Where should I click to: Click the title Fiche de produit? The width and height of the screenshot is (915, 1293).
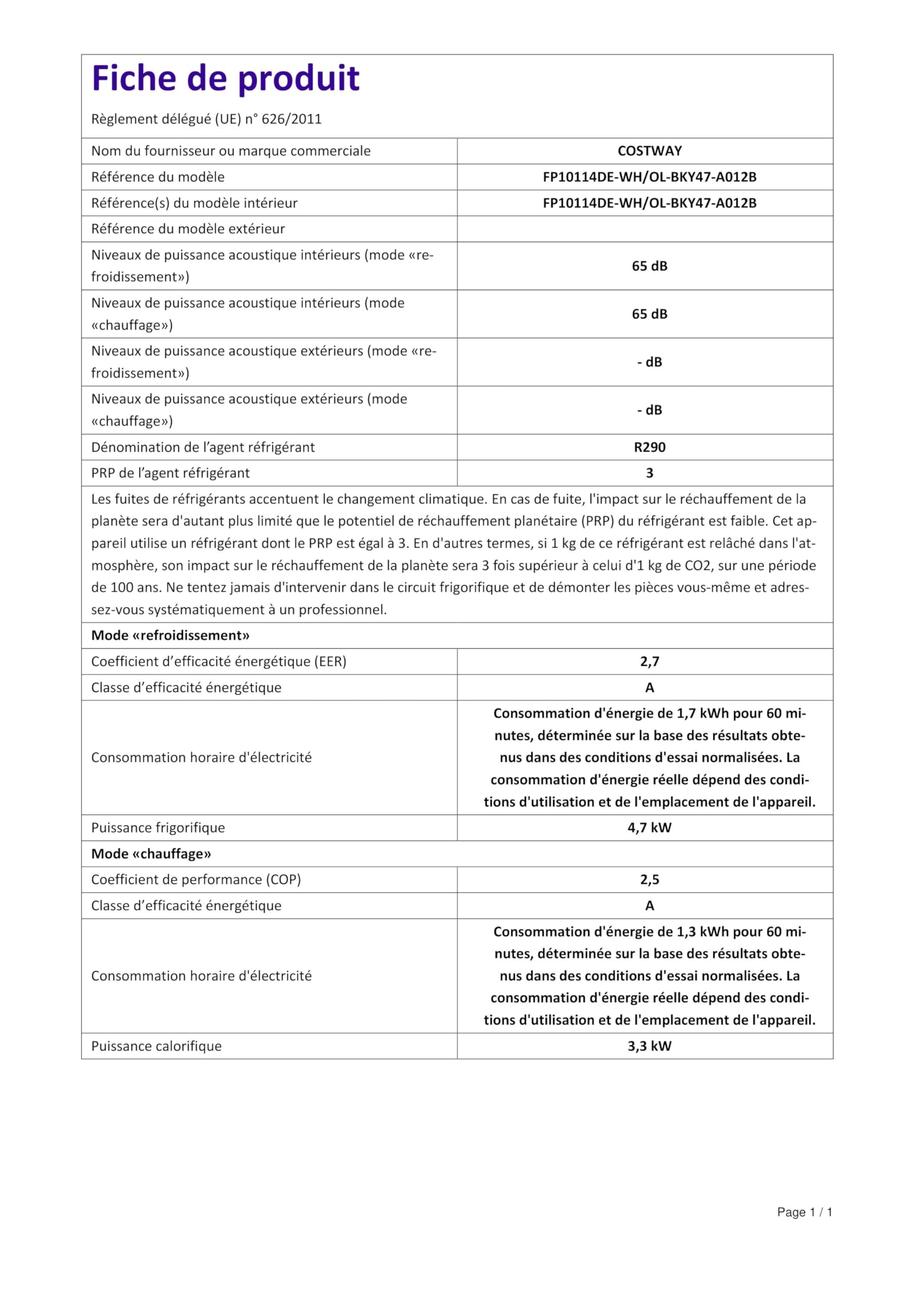tap(225, 78)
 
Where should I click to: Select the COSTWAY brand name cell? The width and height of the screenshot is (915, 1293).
tap(649, 151)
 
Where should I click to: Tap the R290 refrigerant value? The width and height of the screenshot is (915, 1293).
tap(649, 447)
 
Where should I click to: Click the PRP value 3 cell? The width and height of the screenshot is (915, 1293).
tap(649, 473)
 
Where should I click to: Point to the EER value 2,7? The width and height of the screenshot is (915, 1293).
tap(649, 662)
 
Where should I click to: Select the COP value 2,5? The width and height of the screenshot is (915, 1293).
tap(649, 880)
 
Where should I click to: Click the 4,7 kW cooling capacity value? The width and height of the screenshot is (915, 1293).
tap(649, 828)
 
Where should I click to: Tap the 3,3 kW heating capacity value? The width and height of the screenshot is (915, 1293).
tap(649, 1047)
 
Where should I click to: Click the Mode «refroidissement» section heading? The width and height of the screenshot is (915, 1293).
tap(170, 636)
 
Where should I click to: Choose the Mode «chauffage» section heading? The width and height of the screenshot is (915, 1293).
tap(151, 854)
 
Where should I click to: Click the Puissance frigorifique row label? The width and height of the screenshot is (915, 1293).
tap(158, 828)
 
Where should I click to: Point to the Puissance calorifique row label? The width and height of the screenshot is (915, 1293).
tap(156, 1047)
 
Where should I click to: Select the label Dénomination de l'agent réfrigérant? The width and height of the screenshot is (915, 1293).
tap(203, 447)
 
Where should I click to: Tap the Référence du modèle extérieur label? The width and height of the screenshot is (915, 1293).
tap(187, 229)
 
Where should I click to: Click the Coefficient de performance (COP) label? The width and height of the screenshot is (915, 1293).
tap(196, 880)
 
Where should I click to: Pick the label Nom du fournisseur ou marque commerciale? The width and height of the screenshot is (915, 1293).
tap(231, 151)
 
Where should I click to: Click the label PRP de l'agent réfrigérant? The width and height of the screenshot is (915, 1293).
tap(170, 473)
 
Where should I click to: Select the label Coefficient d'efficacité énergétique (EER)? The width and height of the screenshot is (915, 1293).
tap(219, 662)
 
